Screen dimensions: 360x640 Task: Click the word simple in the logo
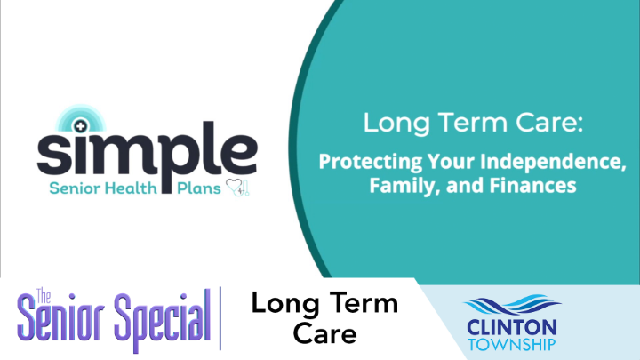point(147,156)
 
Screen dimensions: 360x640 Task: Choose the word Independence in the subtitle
point(544,164)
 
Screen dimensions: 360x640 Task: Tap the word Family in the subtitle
point(397,187)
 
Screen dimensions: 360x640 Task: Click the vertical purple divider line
point(220,318)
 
